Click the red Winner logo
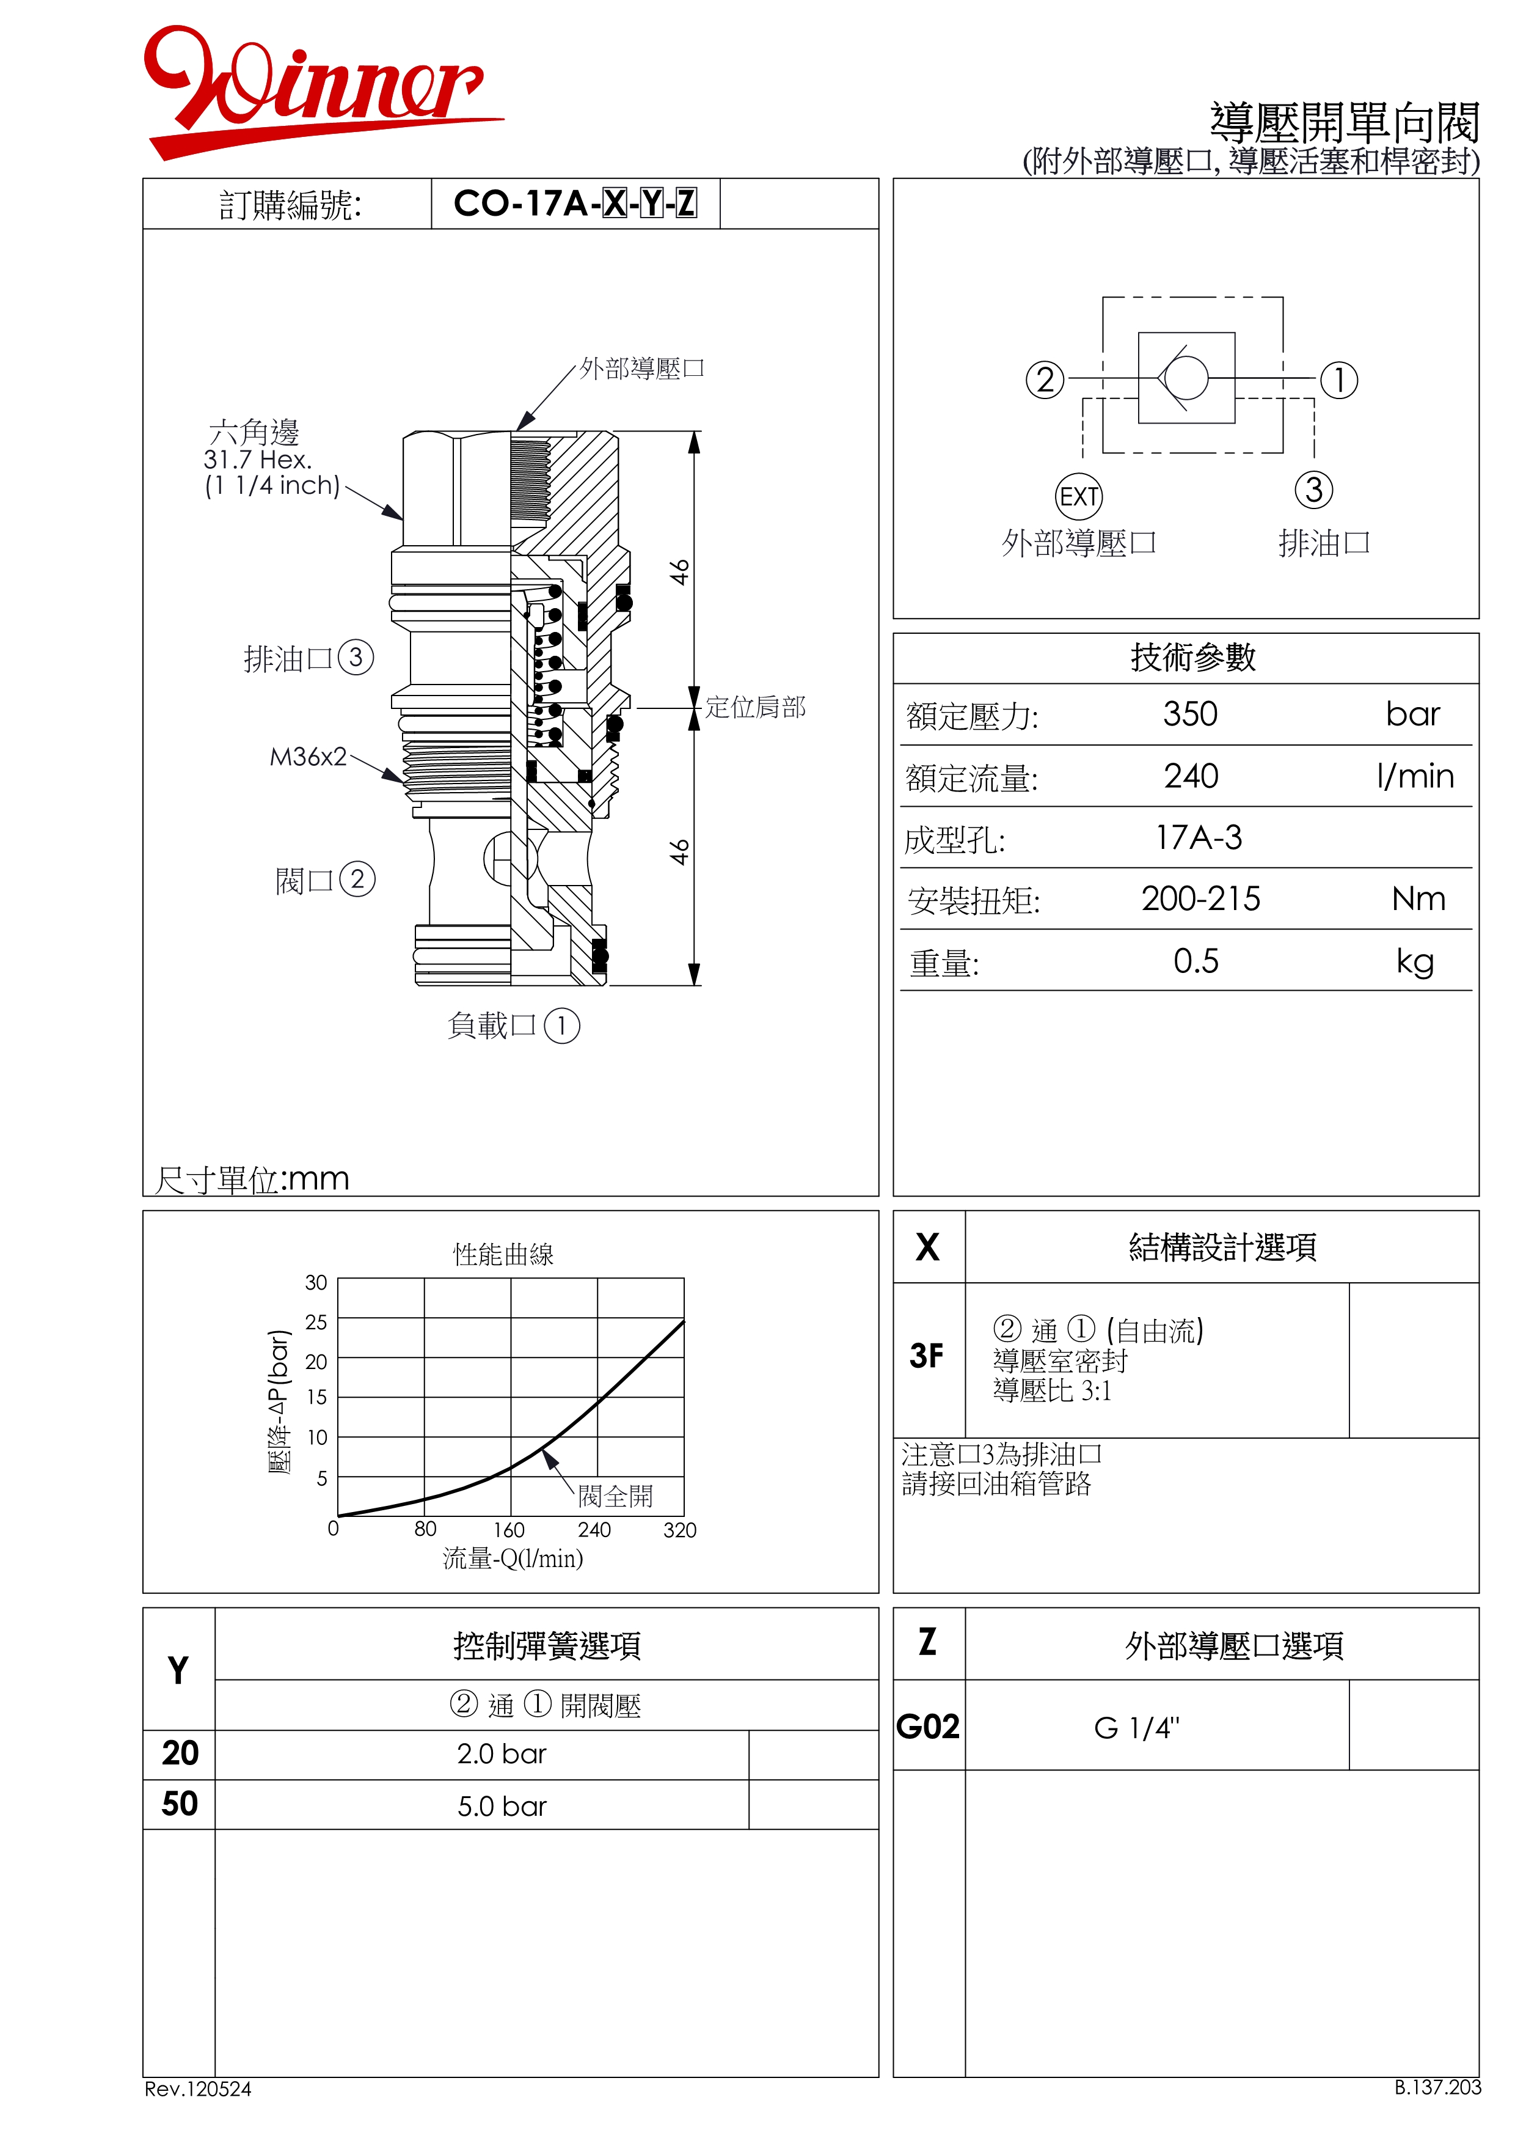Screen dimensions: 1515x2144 322,92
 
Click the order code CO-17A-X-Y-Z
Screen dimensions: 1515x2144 575,203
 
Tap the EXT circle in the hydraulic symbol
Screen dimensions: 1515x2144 1079,497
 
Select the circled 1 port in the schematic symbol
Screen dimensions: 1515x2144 1338,380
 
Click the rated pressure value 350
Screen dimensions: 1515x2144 1190,714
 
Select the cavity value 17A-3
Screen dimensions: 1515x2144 1200,838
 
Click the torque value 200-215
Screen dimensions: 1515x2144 1200,898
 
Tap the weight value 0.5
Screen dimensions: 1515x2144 1196,961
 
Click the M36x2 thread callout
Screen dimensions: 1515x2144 308,757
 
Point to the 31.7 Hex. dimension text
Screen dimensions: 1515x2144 258,460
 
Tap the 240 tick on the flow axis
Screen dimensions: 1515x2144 594,1530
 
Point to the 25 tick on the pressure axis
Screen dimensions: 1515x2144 316,1321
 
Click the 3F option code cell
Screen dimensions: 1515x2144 927,1355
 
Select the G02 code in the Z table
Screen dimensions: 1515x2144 928,1727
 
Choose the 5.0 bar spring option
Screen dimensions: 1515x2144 502,1806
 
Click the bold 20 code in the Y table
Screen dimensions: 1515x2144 180,1753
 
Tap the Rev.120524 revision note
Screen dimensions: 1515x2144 198,2089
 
